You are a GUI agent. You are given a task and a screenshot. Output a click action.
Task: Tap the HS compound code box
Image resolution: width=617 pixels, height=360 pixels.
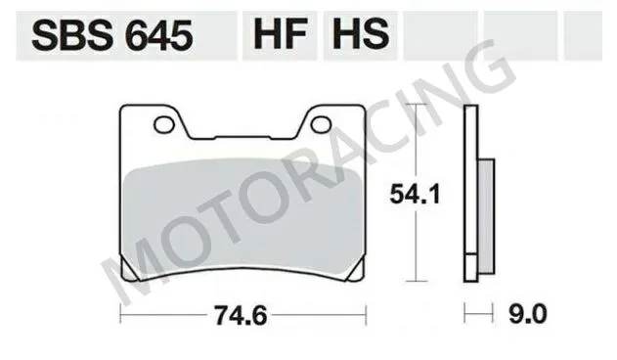point(359,36)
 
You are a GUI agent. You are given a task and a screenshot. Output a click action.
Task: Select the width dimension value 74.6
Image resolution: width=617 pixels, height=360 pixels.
point(241,316)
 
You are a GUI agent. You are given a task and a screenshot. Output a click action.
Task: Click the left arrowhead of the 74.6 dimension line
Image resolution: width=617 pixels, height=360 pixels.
point(122,315)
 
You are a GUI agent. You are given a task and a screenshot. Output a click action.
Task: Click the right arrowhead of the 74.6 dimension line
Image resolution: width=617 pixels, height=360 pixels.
point(364,315)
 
